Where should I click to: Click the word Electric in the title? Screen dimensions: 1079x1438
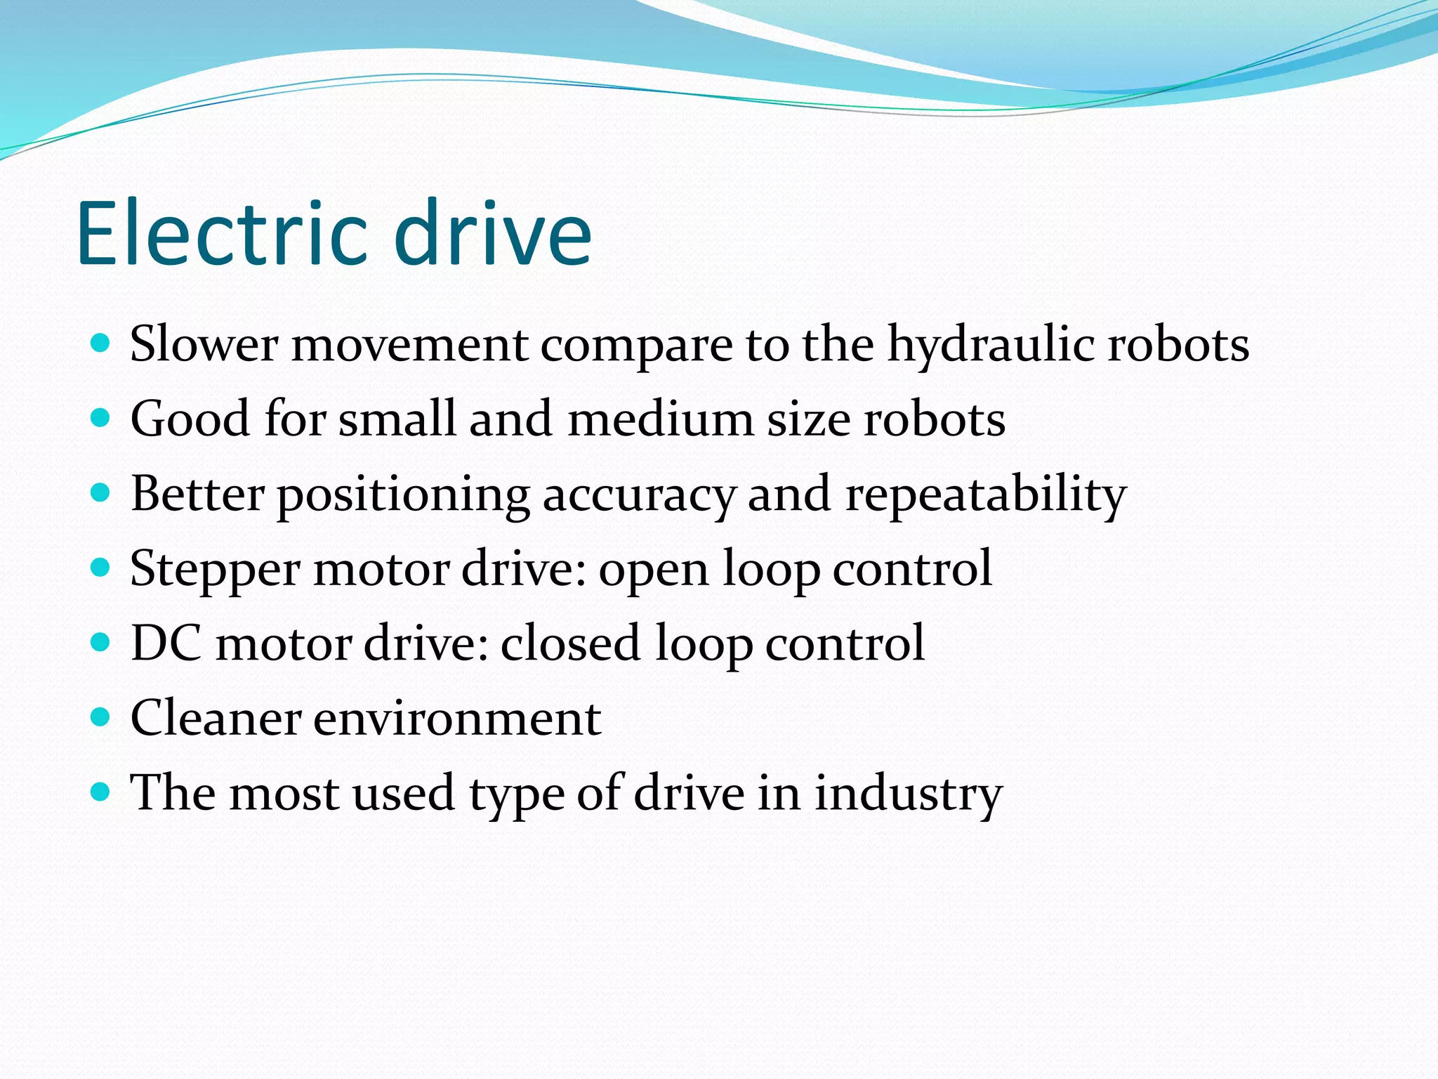(x=222, y=233)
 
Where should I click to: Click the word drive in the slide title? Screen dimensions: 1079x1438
(x=497, y=233)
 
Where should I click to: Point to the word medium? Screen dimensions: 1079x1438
(x=660, y=419)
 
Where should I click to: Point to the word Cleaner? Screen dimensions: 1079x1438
(x=216, y=718)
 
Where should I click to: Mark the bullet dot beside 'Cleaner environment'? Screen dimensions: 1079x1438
(x=101, y=717)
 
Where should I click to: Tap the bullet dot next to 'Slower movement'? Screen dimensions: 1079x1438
(x=101, y=344)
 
